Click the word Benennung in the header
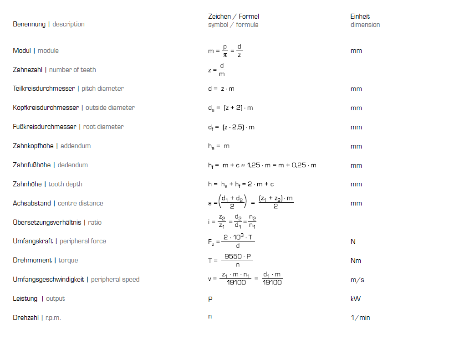click(29, 24)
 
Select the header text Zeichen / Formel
click(233, 16)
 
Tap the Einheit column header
click(360, 16)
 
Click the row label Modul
click(22, 51)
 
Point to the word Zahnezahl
click(29, 70)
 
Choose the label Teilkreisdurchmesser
click(44, 88)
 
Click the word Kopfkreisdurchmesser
click(46, 108)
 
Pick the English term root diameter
click(103, 127)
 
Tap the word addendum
click(76, 146)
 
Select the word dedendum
click(72, 165)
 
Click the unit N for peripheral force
click(353, 242)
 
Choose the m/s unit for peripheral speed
click(357, 280)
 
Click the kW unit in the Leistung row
click(355, 299)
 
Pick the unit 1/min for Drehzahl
click(360, 318)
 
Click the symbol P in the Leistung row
click(210, 299)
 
